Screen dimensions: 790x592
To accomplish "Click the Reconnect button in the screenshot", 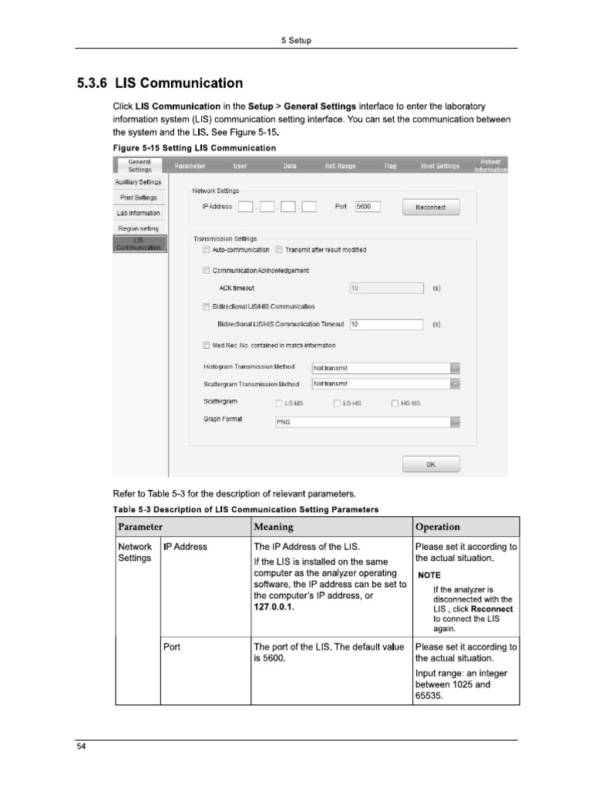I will click(430, 208).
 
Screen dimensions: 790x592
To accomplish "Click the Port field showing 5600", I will click(368, 207).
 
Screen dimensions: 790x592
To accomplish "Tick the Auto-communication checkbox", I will click(206, 250).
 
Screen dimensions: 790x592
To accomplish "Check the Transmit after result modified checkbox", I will click(278, 250).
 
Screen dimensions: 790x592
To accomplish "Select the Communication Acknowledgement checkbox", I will click(206, 271).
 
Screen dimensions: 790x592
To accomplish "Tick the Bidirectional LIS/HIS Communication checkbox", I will click(206, 307).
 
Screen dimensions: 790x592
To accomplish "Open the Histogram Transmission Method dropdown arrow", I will click(455, 368).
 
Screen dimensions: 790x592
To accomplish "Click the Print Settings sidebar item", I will click(139, 197).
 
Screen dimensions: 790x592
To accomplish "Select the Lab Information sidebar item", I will click(139, 213).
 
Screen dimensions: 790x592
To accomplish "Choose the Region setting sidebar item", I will click(139, 228).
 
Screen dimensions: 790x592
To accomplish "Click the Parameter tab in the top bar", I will click(190, 166).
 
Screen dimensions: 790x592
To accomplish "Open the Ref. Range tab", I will click(340, 166).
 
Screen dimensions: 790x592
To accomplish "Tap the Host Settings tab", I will click(440, 166).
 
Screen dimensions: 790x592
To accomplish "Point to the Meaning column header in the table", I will click(274, 527).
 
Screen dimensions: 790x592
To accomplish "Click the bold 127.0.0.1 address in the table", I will click(274, 608).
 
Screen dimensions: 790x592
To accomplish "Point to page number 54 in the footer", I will click(80, 747).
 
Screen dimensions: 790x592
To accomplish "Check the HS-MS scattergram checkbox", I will click(395, 403).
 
